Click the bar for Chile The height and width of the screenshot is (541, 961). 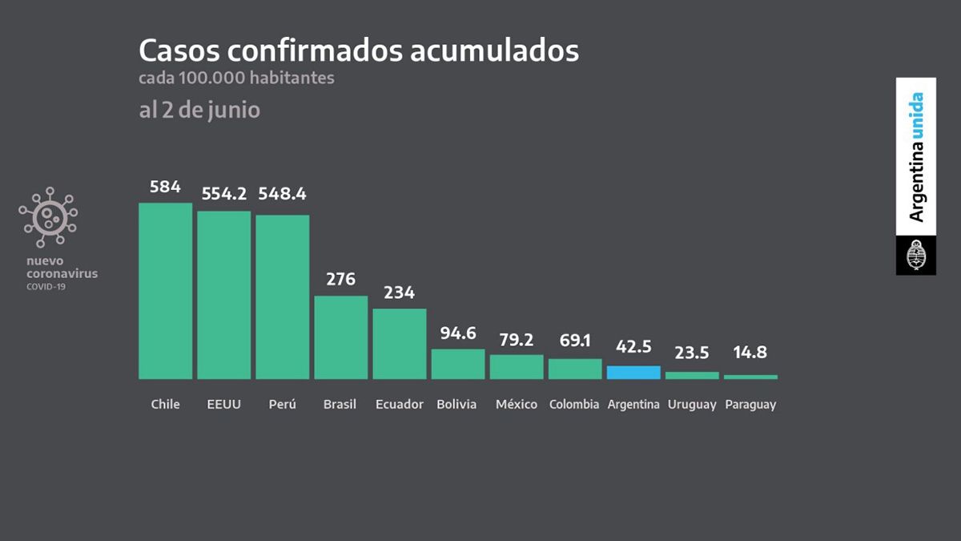(x=165, y=290)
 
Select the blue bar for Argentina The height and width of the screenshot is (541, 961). (x=633, y=372)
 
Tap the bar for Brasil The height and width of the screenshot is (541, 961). (x=340, y=337)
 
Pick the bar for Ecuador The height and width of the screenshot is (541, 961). (x=399, y=343)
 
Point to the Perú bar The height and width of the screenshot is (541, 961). (x=282, y=297)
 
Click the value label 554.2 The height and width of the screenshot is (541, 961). (x=223, y=194)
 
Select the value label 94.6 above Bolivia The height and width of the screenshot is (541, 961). (x=458, y=333)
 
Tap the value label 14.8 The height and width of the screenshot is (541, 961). (x=750, y=352)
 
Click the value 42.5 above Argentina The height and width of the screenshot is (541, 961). (x=633, y=347)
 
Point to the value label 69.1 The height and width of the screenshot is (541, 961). (x=575, y=341)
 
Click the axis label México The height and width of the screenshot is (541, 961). (x=517, y=404)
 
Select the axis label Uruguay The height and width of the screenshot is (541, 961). (x=691, y=405)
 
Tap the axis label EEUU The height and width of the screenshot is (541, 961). (x=223, y=404)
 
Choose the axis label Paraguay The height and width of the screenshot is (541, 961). (x=750, y=405)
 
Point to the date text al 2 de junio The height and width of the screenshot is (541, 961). (x=199, y=110)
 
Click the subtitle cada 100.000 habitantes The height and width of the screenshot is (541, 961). (x=236, y=79)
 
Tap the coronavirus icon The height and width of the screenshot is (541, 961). (x=49, y=216)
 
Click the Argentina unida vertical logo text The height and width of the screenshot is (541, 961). (x=916, y=157)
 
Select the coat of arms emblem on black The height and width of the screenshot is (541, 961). (x=916, y=256)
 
